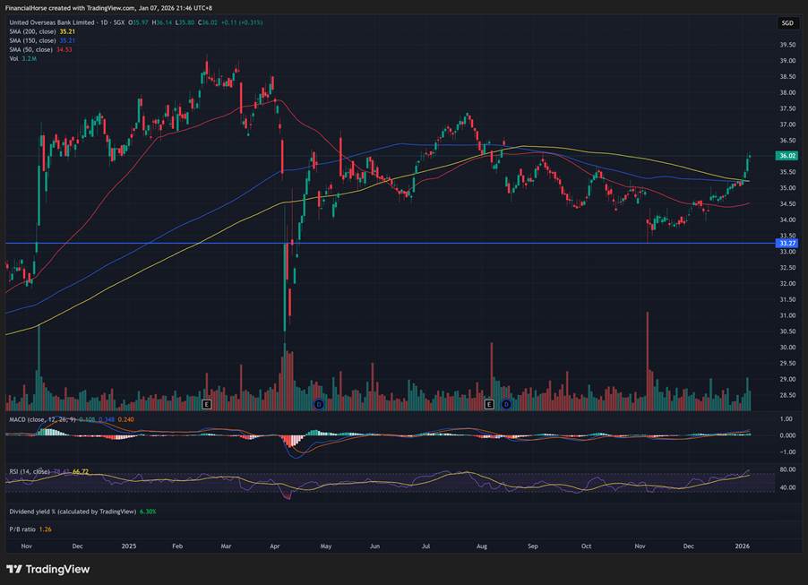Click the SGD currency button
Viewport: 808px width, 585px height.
pyautogui.click(x=787, y=22)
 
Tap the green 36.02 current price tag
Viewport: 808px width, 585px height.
pyautogui.click(x=788, y=155)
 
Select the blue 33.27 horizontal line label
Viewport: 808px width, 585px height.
pyautogui.click(x=788, y=243)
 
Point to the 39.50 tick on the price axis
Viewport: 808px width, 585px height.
pyautogui.click(x=788, y=45)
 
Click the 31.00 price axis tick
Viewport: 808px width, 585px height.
pyautogui.click(x=788, y=315)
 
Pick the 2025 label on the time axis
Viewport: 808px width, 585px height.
pyautogui.click(x=129, y=545)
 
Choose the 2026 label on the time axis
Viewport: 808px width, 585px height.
pyautogui.click(x=743, y=545)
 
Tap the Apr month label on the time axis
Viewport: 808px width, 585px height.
pyautogui.click(x=274, y=545)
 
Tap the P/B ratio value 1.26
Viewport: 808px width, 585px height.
pyautogui.click(x=45, y=529)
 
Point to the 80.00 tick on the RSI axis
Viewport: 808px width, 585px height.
pyautogui.click(x=788, y=469)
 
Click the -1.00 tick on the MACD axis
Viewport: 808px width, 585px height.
pyautogui.click(x=788, y=452)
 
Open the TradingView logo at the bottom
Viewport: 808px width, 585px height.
pyautogui.click(x=48, y=569)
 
